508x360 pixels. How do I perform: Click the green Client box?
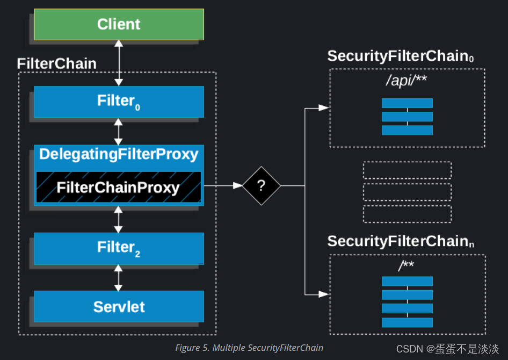pos(119,24)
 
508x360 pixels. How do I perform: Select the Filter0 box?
pos(119,101)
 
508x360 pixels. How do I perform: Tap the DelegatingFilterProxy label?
pos(119,155)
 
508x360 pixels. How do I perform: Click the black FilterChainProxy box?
pos(119,187)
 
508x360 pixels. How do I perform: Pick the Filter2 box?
pos(119,248)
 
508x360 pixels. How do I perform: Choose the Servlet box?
pos(119,306)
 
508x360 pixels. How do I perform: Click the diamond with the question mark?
pos(262,186)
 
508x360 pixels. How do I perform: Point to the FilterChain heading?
pos(56,63)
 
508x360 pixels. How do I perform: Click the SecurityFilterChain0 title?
pos(400,56)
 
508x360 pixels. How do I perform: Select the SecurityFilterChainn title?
pos(400,241)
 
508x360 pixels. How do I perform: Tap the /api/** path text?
pos(407,82)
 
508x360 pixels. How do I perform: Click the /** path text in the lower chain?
pos(407,266)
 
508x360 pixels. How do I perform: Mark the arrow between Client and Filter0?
pos(119,63)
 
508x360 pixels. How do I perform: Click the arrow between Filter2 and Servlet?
pos(119,278)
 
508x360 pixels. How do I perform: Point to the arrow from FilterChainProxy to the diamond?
pos(223,186)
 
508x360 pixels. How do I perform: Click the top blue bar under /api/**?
pos(407,103)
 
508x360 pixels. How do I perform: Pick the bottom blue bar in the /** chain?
pos(407,322)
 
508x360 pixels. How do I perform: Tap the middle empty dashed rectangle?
pos(407,192)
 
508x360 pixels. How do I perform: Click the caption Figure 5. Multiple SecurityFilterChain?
pos(249,348)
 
